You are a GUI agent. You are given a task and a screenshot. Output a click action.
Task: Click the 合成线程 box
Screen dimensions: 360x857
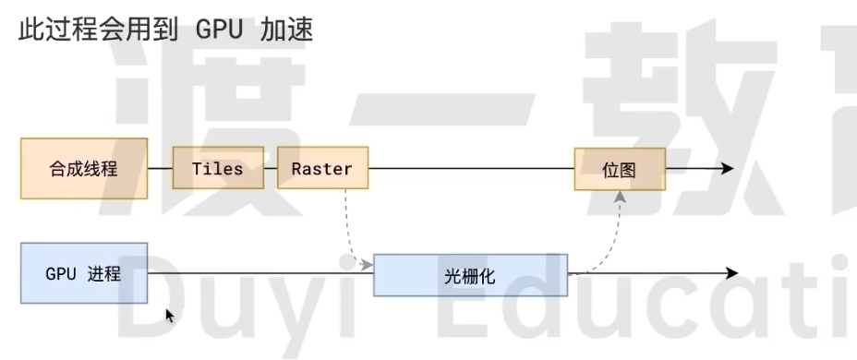point(84,169)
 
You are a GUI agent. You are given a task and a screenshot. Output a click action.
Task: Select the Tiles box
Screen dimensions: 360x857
point(218,169)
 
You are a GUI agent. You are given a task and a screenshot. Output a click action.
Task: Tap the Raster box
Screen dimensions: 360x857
point(322,169)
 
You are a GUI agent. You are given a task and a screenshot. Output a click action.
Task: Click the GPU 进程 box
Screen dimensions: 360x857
point(84,273)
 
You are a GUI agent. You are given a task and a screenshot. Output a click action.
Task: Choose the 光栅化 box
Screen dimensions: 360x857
point(471,274)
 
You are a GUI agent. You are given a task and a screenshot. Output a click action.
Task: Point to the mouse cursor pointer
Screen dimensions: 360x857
point(169,315)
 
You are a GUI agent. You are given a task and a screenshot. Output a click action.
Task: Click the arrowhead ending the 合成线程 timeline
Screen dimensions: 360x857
point(727,169)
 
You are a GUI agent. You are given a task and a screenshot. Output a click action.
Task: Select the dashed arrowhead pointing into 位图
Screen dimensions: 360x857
point(621,196)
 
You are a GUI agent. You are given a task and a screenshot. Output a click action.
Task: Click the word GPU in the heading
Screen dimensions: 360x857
point(219,30)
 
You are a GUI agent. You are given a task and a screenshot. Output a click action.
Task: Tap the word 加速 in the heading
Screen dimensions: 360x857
point(287,30)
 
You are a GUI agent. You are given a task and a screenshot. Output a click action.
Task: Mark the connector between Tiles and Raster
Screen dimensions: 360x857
point(271,169)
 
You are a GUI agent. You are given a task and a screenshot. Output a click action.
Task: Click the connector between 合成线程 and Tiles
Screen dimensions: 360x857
point(161,169)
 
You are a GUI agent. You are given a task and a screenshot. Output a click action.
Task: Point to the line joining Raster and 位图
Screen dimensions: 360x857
point(471,169)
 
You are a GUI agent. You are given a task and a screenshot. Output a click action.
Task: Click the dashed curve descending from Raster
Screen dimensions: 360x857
point(348,226)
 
